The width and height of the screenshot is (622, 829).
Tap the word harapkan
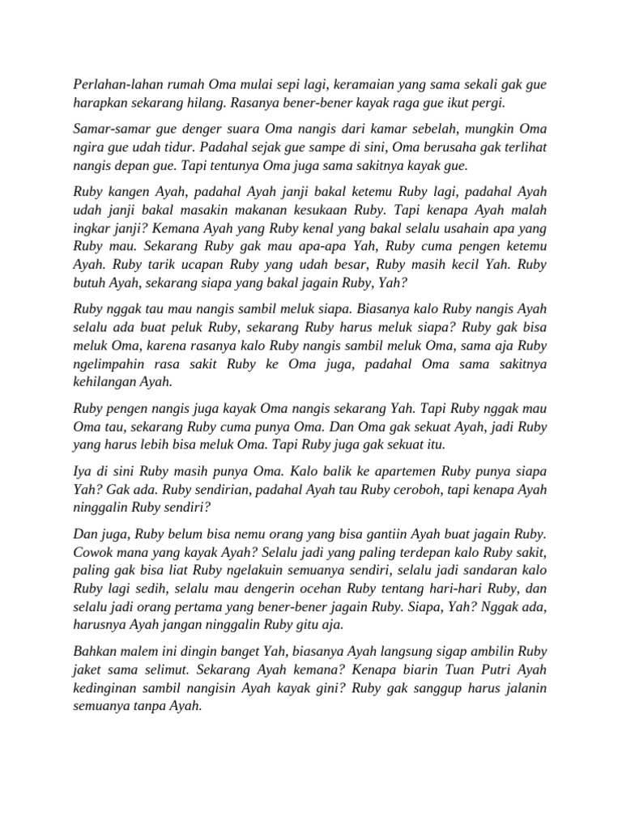(103, 103)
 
